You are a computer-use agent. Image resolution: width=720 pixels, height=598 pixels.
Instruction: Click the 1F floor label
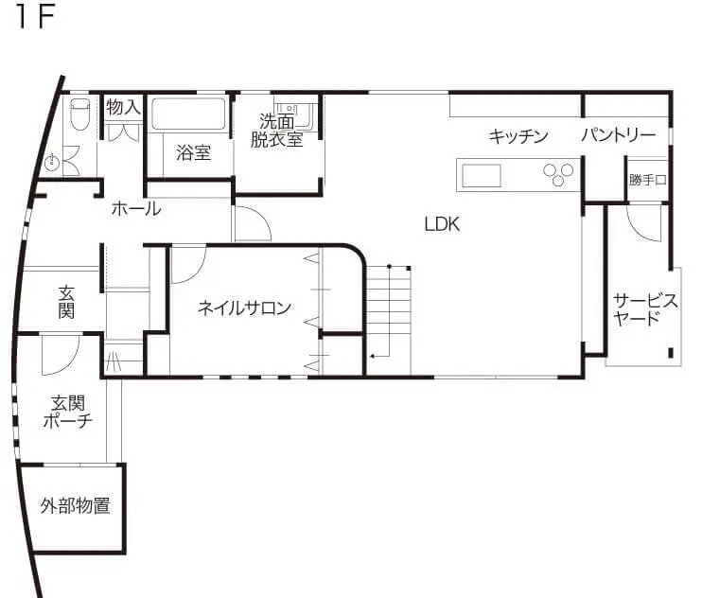(36, 20)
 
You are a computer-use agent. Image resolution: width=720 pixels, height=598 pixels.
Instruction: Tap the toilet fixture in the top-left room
(79, 115)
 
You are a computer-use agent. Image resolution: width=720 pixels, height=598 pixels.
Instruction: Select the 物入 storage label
(123, 107)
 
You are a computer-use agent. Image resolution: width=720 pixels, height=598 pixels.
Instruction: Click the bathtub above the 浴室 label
(188, 114)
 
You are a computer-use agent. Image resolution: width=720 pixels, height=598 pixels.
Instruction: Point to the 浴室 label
(194, 152)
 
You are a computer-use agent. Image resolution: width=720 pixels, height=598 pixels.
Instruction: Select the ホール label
(135, 209)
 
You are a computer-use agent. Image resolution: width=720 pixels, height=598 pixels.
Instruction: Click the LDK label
(441, 224)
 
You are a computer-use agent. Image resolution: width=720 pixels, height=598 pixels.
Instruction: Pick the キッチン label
(518, 136)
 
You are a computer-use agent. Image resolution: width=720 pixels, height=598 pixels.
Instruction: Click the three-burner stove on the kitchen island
(557, 173)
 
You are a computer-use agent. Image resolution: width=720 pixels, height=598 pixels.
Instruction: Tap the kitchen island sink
(482, 174)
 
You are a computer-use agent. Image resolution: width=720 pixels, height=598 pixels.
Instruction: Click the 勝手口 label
(648, 180)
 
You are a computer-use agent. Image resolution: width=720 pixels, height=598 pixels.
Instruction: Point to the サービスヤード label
(645, 309)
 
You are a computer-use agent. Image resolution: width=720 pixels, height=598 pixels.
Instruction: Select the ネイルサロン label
(244, 308)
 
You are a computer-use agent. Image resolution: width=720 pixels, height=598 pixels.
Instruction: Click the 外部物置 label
(75, 505)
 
